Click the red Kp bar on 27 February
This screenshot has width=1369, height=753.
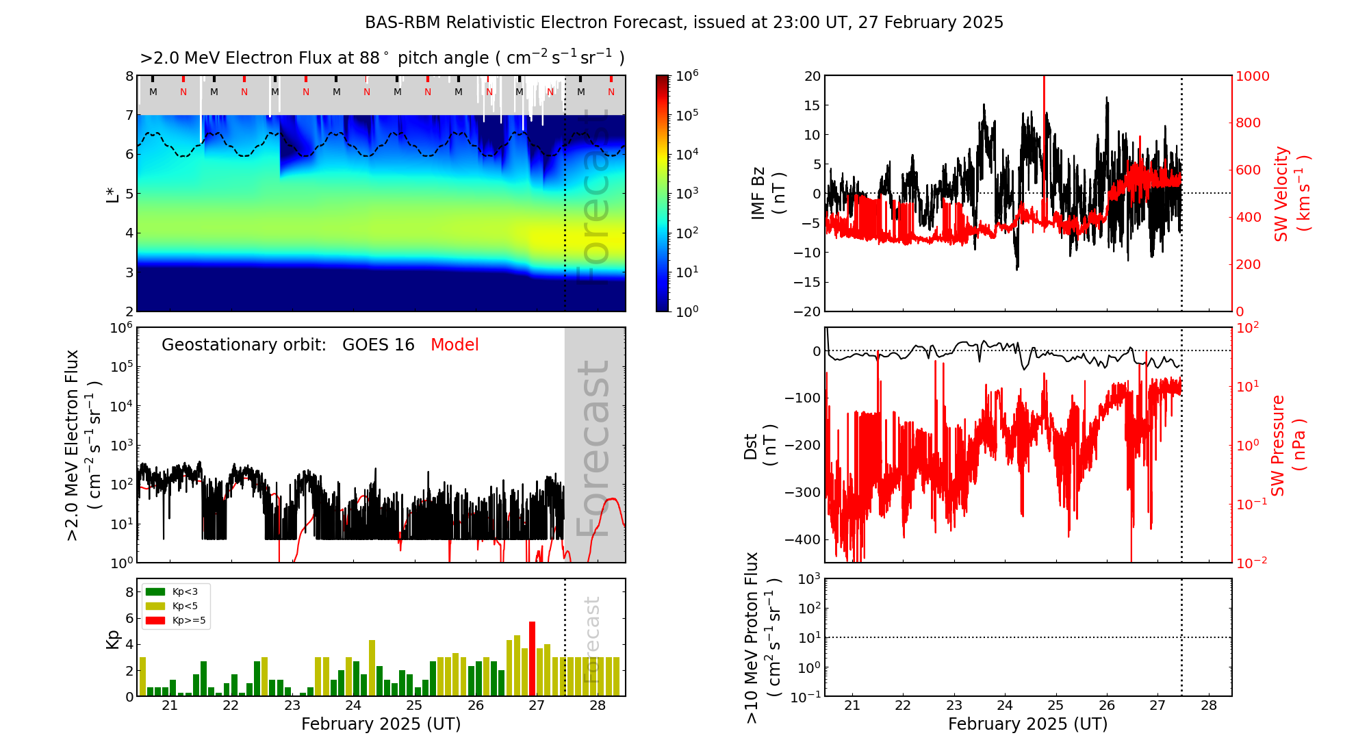[533, 657]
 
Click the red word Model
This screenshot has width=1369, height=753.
[455, 345]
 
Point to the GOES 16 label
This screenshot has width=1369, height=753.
[379, 345]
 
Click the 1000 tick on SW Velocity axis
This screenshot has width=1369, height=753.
[1252, 76]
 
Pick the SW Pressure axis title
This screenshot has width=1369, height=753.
[1288, 445]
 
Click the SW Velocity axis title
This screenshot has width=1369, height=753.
[1291, 194]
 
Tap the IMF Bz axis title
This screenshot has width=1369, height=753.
[768, 193]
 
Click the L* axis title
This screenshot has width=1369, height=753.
[112, 193]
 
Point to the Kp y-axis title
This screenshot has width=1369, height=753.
[112, 639]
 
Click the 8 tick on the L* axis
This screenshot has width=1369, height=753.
[129, 76]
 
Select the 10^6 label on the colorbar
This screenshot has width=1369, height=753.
[687, 76]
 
